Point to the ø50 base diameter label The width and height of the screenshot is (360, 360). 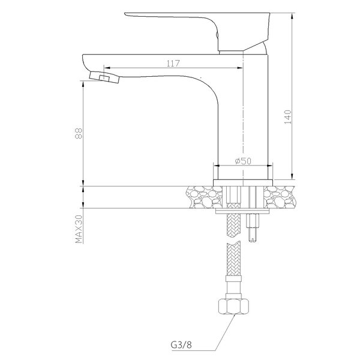(x=243, y=161)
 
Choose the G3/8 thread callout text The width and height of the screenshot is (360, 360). (x=181, y=345)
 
